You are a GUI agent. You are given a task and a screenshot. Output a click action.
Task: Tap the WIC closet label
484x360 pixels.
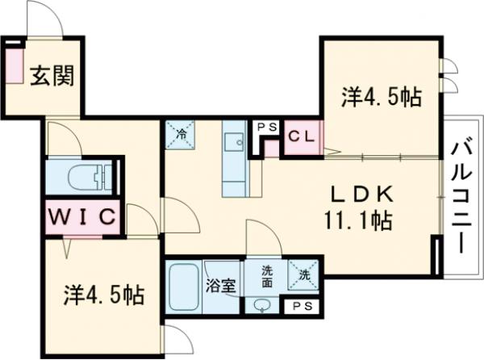(84, 216)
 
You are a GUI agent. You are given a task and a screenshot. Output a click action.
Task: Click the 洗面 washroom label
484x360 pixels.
(266, 277)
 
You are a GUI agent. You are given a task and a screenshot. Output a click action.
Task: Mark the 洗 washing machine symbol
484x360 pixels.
(304, 274)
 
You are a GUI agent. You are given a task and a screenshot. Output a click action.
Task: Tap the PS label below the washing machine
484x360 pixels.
(303, 306)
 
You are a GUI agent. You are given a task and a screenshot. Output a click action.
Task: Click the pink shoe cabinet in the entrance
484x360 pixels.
(15, 69)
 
